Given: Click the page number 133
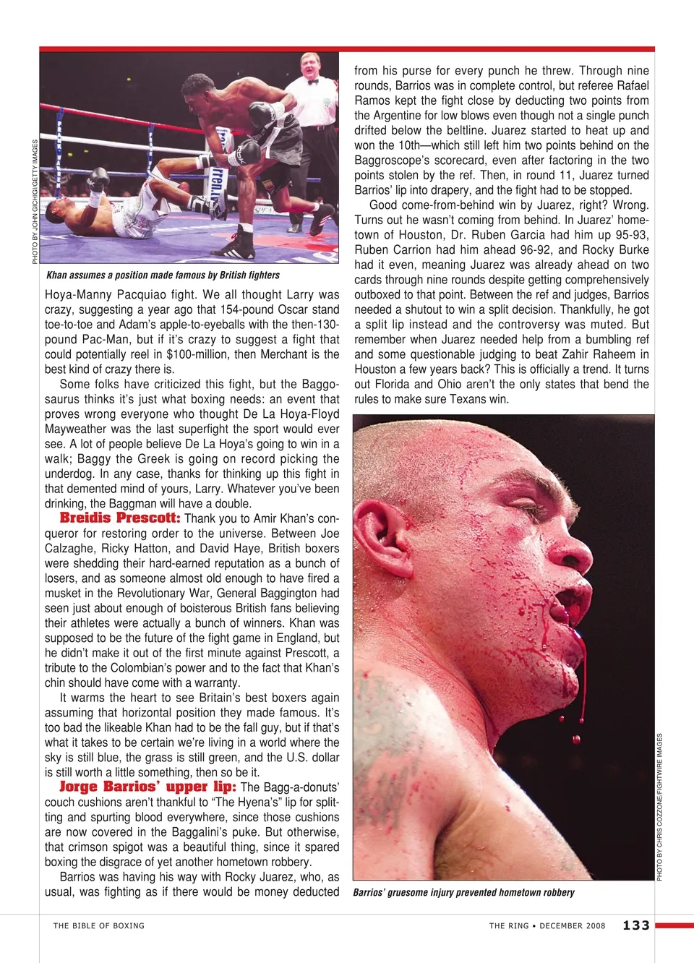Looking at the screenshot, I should click(x=635, y=925).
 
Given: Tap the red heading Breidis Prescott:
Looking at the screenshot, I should click(x=120, y=518).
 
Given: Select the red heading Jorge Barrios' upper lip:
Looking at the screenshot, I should click(x=147, y=787).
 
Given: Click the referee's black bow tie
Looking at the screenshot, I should click(x=313, y=82).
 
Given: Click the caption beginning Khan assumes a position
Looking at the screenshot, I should click(x=163, y=275).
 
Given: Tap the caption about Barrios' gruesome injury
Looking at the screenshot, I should click(x=463, y=892).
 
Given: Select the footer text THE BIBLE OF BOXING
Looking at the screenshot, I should click(x=99, y=925).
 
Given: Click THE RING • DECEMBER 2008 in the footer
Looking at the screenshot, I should click(x=547, y=925).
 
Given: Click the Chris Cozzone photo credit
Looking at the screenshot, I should click(x=659, y=807).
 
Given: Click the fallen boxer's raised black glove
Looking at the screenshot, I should click(x=98, y=178).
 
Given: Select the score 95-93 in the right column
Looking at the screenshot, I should click(x=632, y=235).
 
